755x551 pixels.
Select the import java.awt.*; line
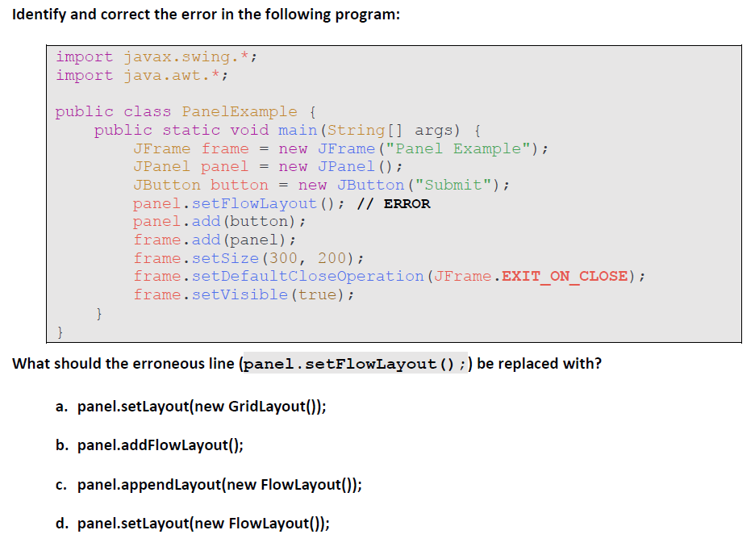pyautogui.click(x=142, y=75)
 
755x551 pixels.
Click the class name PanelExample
pyautogui.click(x=240, y=111)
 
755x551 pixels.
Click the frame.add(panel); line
pyautogui.click(x=215, y=240)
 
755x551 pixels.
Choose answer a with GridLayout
pyautogui.click(x=202, y=407)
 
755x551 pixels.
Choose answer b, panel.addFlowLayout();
pyautogui.click(x=161, y=445)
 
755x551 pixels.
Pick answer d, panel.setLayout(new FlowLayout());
pyautogui.click(x=203, y=524)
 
